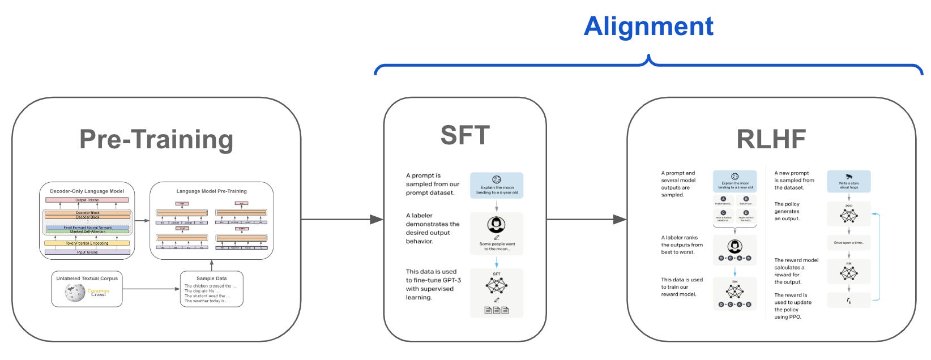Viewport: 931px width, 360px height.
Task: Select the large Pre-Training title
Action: [x=156, y=139]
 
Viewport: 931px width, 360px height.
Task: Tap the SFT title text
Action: [x=464, y=135]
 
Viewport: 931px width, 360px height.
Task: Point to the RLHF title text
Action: [x=771, y=139]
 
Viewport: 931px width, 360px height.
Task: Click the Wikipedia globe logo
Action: [x=75, y=292]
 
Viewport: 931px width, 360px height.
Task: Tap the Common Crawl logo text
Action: [x=98, y=293]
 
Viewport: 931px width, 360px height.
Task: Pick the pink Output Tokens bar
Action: [x=87, y=200]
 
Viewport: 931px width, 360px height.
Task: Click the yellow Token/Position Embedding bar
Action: [x=87, y=243]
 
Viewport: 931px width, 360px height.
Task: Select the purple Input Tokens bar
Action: [x=87, y=252]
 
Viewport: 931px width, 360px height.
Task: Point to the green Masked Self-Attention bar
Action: [x=87, y=232]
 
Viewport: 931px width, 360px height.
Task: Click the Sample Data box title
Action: [x=211, y=278]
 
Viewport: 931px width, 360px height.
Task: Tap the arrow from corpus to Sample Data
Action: [x=151, y=289]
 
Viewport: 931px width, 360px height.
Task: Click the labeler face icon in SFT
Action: [x=496, y=225]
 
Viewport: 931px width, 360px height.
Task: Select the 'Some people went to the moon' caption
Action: [x=497, y=246]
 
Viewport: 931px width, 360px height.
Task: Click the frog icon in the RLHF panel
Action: [x=849, y=177]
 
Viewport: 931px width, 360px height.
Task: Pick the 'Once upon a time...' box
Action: [x=848, y=242]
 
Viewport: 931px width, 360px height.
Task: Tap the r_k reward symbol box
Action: [x=848, y=301]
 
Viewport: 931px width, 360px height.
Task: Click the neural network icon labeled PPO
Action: [x=848, y=216]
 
